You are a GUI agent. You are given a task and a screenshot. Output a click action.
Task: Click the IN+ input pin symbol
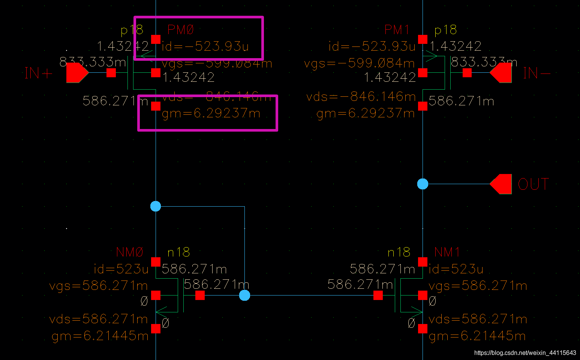click(x=77, y=73)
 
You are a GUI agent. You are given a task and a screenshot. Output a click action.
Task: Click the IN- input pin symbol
click(x=501, y=73)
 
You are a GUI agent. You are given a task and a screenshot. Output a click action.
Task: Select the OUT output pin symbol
click(x=501, y=184)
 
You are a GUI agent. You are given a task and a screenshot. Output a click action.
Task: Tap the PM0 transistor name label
click(x=181, y=30)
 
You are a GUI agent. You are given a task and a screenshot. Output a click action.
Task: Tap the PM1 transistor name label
click(x=397, y=30)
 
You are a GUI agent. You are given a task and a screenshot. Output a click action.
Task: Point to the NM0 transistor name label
click(x=130, y=252)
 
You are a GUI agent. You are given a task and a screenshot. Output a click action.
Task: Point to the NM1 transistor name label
click(x=447, y=252)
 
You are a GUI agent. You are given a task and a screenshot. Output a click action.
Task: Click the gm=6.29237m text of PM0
click(x=211, y=113)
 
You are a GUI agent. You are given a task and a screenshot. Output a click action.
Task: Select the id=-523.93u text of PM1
click(x=372, y=46)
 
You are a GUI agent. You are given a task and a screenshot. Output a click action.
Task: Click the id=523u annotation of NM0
click(x=121, y=269)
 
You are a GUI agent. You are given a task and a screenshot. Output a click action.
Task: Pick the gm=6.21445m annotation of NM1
click(x=477, y=336)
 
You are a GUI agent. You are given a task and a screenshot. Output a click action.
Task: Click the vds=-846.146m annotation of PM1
click(x=361, y=97)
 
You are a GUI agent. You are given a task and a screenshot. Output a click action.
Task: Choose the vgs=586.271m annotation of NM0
click(x=99, y=286)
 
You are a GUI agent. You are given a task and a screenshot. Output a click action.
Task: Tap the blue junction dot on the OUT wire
click(x=423, y=184)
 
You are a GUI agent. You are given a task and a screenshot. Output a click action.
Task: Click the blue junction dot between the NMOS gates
click(x=244, y=295)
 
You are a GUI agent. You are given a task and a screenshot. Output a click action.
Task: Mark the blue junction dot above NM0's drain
click(x=156, y=206)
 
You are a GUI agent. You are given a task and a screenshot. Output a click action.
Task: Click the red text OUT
click(x=533, y=184)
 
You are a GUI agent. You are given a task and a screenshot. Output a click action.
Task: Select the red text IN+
click(x=38, y=73)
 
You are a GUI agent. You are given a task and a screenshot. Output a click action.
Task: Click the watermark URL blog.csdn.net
click(x=525, y=353)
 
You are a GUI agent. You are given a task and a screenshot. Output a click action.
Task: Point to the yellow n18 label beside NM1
click(x=399, y=252)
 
